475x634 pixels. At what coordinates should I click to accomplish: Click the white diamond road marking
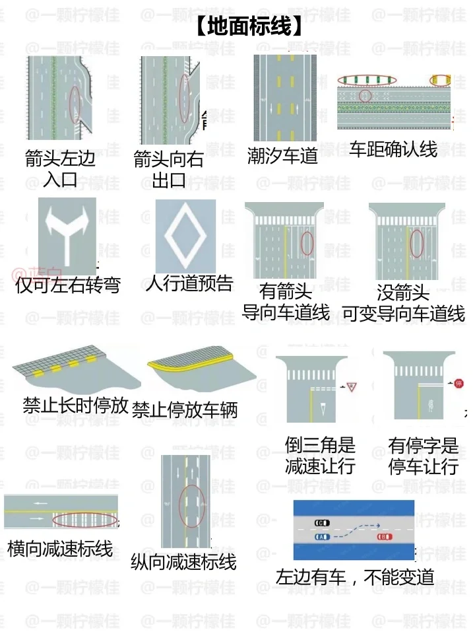185,236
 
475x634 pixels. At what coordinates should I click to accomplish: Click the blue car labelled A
323,538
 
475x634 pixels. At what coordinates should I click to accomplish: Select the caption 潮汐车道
282,155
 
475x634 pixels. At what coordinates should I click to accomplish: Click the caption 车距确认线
393,149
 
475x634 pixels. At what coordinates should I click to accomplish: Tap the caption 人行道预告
189,283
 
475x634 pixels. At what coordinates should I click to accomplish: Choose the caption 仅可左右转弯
68,286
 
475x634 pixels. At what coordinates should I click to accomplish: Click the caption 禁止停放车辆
185,410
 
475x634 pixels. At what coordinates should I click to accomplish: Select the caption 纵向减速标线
183,562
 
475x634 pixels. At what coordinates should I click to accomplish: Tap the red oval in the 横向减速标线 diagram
85,519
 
